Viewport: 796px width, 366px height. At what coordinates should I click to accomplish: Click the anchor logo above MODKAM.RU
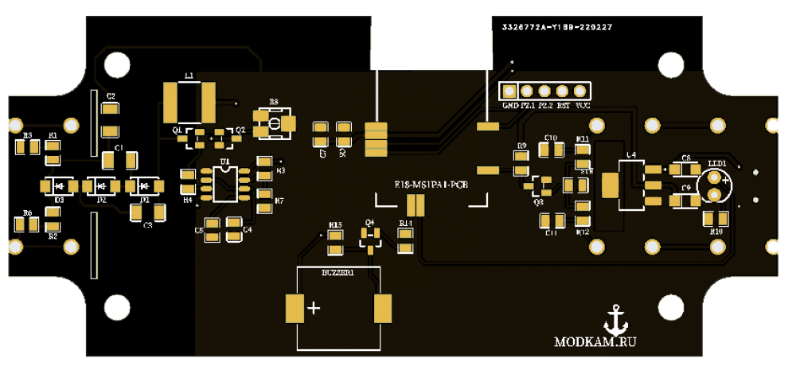click(x=613, y=320)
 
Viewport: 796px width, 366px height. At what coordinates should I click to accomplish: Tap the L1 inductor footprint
click(x=189, y=101)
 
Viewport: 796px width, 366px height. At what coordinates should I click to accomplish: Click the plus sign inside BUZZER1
click(x=315, y=308)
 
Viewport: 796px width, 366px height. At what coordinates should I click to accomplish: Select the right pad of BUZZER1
click(x=383, y=309)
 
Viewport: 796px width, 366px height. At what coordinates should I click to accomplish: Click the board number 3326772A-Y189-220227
click(x=556, y=27)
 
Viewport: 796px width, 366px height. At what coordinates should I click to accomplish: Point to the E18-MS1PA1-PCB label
click(x=431, y=185)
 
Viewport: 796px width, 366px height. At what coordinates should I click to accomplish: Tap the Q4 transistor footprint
click(x=369, y=236)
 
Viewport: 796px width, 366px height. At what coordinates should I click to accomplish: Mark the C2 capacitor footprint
click(x=111, y=119)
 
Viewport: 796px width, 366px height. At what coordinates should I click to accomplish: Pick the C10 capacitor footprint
click(x=550, y=151)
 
